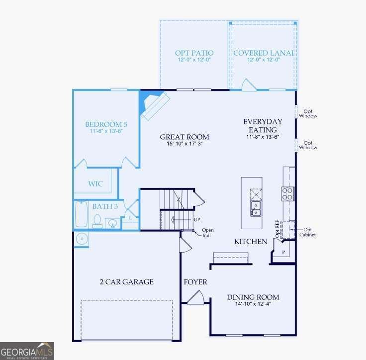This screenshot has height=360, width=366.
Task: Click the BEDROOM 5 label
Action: pyautogui.click(x=106, y=124)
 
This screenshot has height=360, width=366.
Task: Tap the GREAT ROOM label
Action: pyautogui.click(x=184, y=137)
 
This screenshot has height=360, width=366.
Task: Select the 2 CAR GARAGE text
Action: pyautogui.click(x=127, y=282)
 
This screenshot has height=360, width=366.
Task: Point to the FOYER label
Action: pyautogui.click(x=195, y=282)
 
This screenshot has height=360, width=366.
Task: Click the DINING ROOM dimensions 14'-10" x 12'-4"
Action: pyautogui.click(x=253, y=304)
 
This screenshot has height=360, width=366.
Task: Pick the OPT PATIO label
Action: pyautogui.click(x=194, y=53)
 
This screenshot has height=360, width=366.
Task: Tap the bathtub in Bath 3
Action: pyautogui.click(x=81, y=214)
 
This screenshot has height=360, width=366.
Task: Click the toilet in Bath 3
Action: pyautogui.click(x=97, y=221)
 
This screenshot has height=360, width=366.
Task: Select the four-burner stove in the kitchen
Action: pyautogui.click(x=287, y=194)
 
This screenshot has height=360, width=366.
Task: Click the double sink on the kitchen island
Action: pyautogui.click(x=256, y=208)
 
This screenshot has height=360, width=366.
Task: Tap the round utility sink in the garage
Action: pyautogui.click(x=81, y=239)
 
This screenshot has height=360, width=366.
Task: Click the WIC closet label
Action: pyautogui.click(x=95, y=184)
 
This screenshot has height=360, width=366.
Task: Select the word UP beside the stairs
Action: pyautogui.click(x=197, y=220)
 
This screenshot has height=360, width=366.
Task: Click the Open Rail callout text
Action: pyautogui.click(x=207, y=233)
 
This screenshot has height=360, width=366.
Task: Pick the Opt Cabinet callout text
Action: pyautogui.click(x=307, y=232)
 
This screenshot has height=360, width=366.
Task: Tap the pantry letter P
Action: pyautogui.click(x=283, y=252)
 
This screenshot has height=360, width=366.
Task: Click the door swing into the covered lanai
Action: pyautogui.click(x=249, y=85)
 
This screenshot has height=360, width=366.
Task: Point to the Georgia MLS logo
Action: pyautogui.click(x=27, y=351)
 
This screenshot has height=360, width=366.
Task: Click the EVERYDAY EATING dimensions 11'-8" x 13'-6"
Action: pyautogui.click(x=263, y=137)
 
